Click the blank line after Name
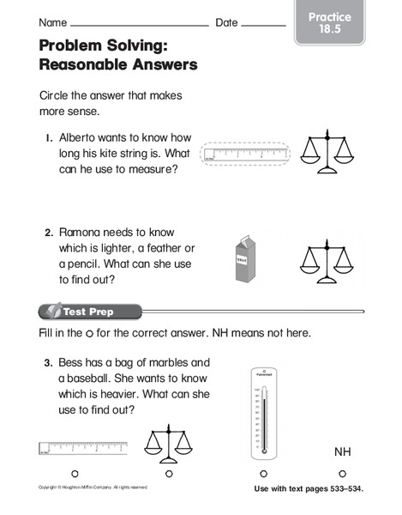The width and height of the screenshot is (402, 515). click(141, 26)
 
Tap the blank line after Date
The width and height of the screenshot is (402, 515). click(263, 26)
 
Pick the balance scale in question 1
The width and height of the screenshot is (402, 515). click(330, 150)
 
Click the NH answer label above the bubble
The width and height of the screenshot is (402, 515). click(343, 451)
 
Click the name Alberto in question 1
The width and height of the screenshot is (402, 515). click(79, 138)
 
